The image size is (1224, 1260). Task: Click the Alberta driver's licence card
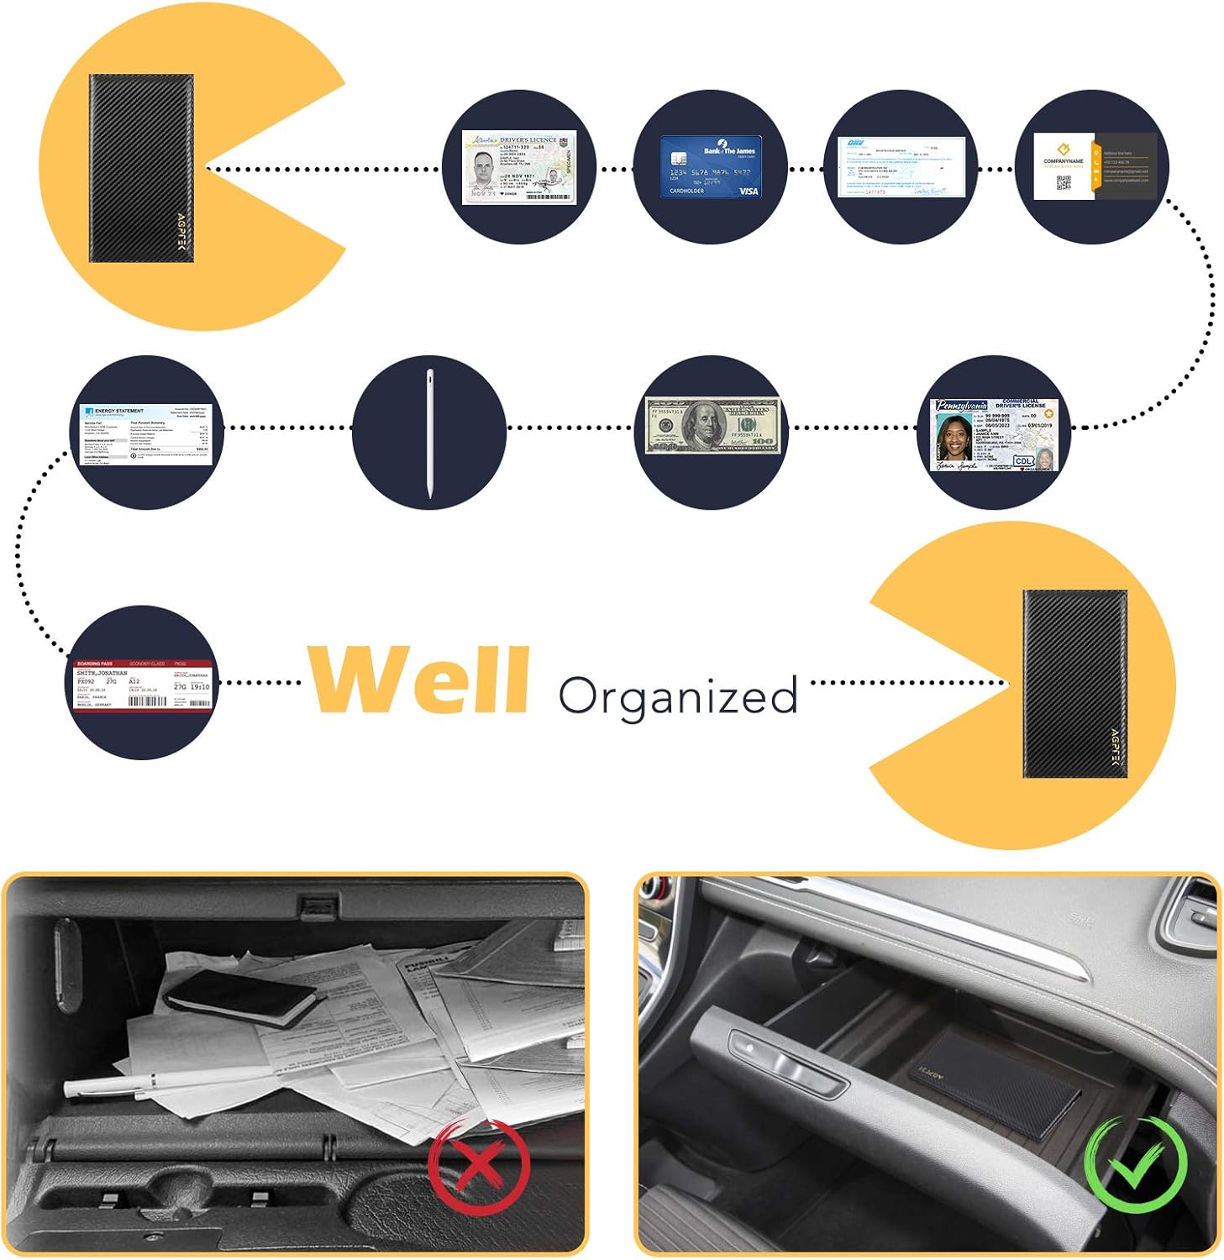coord(518,167)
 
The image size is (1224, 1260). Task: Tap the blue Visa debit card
coord(710,167)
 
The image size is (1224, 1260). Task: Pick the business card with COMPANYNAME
coord(1094,166)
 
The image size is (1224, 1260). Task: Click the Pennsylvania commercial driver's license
coord(996,434)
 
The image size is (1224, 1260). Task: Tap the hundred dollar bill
coord(712,426)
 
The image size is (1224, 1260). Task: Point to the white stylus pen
coord(429,433)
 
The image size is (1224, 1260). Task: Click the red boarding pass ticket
coord(142,685)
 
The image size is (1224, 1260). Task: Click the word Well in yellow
coord(418,680)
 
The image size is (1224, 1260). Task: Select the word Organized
coord(677,696)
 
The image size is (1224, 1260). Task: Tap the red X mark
coord(478,1166)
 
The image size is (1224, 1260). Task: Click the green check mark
coord(1135,1164)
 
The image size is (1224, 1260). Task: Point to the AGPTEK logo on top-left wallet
coord(182,232)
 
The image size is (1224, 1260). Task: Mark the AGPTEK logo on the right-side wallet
coord(1116,752)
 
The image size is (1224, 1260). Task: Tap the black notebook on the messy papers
coord(239,998)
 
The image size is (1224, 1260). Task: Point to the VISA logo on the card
coord(748,192)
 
